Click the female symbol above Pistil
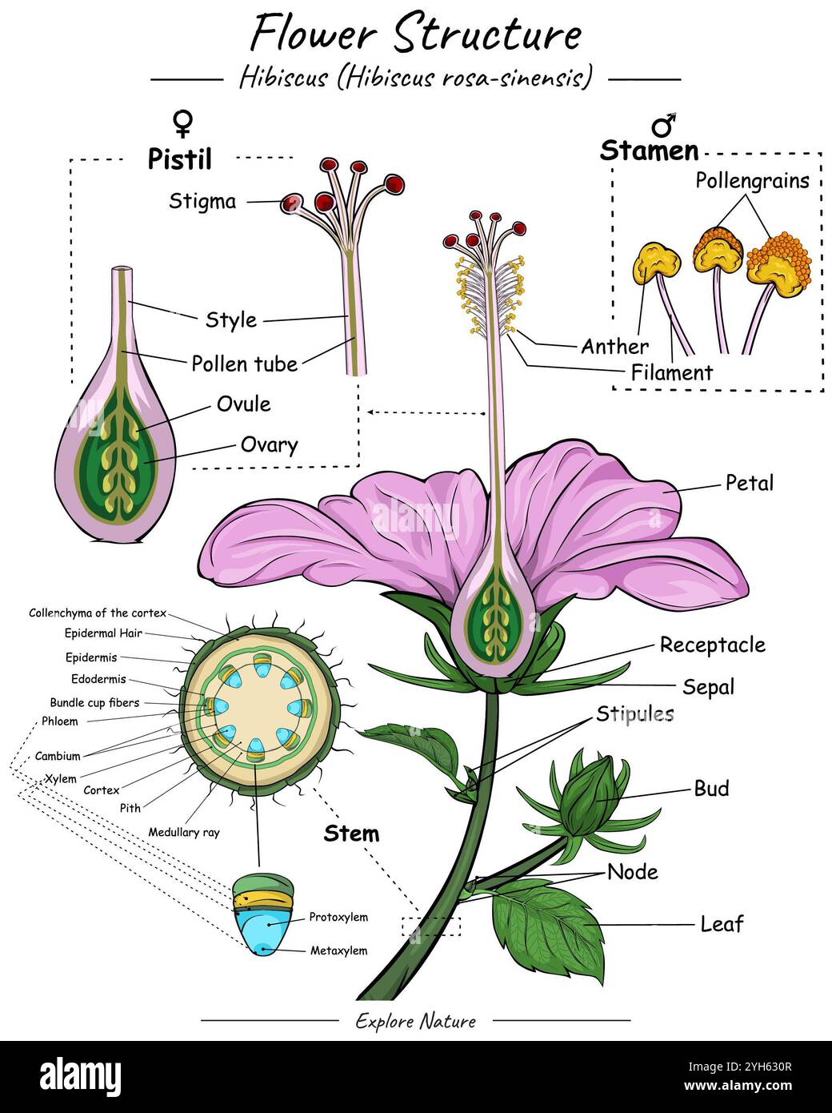[x=183, y=123]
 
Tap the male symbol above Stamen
[x=663, y=124]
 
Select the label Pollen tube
[x=244, y=364]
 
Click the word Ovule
[x=243, y=404]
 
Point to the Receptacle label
[x=712, y=645]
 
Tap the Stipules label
[x=634, y=713]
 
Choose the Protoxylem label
[x=338, y=917]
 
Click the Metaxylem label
[x=338, y=950]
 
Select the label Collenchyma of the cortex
[x=98, y=613]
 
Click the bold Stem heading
[x=351, y=834]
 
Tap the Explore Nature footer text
[x=415, y=1021]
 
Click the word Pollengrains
[x=751, y=180]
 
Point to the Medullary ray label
[x=183, y=832]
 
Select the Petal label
[x=749, y=483]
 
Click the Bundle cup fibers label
[x=94, y=702]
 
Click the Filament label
[x=671, y=372]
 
